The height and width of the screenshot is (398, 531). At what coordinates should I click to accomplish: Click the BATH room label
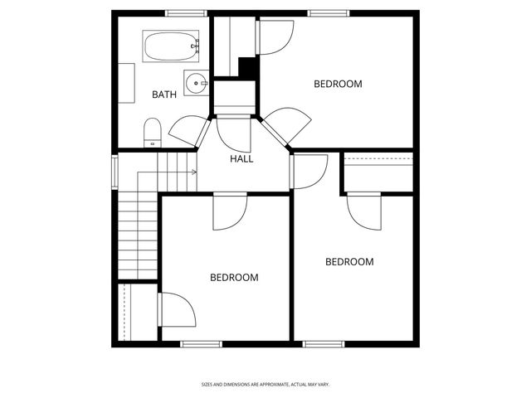(164, 95)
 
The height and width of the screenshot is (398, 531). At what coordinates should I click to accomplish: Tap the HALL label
(241, 159)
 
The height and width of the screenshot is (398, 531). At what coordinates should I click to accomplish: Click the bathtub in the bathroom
(171, 46)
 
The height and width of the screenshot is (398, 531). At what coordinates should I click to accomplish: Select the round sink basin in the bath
(192, 82)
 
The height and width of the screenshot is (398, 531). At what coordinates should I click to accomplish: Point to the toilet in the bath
(153, 133)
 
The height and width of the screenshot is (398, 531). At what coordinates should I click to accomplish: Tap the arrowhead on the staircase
(194, 172)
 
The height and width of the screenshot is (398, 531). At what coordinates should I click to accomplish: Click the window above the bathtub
(185, 12)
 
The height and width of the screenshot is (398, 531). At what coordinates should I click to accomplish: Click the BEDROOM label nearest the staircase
(234, 278)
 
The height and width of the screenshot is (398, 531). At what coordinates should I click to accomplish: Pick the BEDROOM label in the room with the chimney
(338, 84)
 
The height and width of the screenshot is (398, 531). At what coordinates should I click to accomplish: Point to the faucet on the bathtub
(197, 46)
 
